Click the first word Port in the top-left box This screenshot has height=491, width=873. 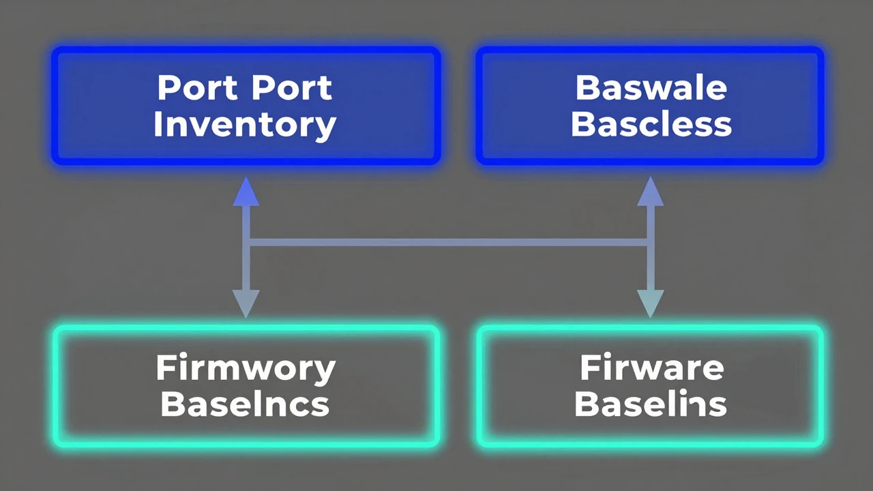[197, 88]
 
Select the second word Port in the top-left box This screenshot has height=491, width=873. [292, 88]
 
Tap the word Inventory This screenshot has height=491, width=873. [245, 125]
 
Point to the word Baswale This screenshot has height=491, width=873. [651, 88]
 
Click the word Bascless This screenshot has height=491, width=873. [651, 124]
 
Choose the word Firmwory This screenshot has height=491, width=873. [246, 369]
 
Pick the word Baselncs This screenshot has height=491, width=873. [245, 404]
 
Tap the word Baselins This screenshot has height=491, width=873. [651, 404]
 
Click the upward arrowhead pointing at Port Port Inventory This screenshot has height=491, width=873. [246, 192]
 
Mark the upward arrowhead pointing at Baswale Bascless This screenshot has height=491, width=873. [650, 192]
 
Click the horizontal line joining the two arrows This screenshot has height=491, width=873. [448, 243]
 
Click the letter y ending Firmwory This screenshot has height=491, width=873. [325, 372]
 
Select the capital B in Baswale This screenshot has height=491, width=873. [587, 88]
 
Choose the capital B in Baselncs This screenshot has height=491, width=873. [173, 404]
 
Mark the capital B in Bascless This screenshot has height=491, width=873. [582, 124]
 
